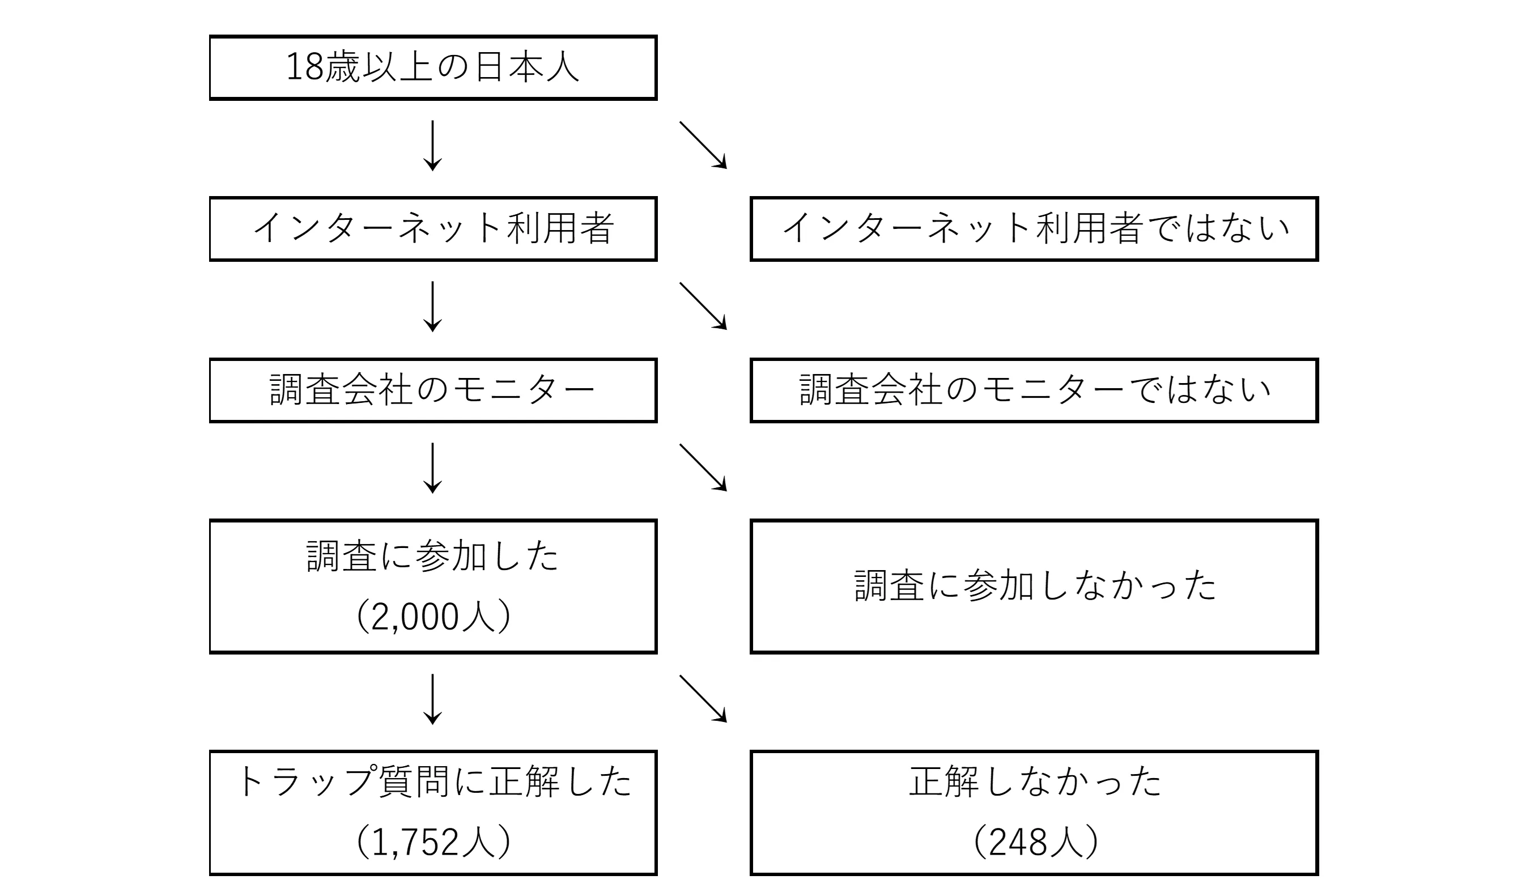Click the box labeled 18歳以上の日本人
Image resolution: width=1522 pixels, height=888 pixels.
click(432, 67)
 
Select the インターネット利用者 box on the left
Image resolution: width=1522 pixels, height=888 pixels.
click(432, 228)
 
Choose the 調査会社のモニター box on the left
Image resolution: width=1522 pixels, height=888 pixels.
click(432, 390)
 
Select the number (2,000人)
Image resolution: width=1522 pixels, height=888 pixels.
click(432, 617)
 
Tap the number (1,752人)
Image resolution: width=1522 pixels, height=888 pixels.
click(432, 842)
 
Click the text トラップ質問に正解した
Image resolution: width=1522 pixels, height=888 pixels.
click(432, 781)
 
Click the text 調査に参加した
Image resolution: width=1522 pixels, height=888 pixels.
click(432, 556)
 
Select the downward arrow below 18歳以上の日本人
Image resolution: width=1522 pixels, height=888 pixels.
click(432, 146)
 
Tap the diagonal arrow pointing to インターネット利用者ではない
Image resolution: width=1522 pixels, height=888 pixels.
click(703, 145)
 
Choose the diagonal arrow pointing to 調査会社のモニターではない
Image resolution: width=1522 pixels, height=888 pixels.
click(703, 306)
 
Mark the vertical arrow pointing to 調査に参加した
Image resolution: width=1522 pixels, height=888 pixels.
click(432, 468)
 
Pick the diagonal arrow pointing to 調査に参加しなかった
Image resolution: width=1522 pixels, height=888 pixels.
click(703, 468)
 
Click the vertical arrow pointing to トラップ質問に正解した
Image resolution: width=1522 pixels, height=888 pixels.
click(432, 699)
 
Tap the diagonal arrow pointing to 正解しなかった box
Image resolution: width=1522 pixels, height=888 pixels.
click(703, 699)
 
